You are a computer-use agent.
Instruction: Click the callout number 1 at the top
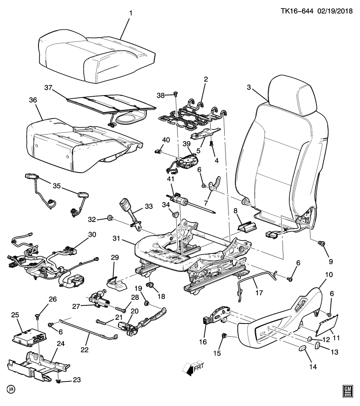coord(131,14)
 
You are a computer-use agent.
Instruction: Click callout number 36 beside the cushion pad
coord(33,100)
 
